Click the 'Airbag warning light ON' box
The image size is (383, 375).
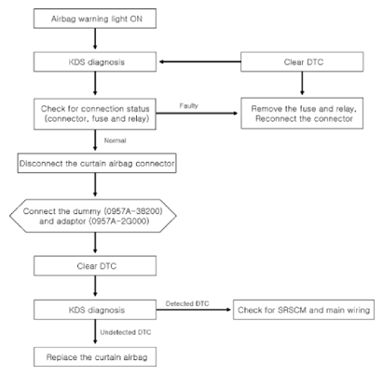pyautogui.click(x=95, y=19)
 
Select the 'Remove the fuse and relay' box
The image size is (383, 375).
pyautogui.click(x=302, y=114)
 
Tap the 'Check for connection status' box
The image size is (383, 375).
pyautogui.click(x=95, y=114)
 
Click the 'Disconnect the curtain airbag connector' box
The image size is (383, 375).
pyautogui.click(x=97, y=163)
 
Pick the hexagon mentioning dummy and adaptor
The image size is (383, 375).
pyautogui.click(x=93, y=216)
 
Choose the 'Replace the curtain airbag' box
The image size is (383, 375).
pyautogui.click(x=95, y=357)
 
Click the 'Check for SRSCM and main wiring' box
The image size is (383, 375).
pyautogui.click(x=304, y=310)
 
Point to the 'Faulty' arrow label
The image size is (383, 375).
pyautogui.click(x=188, y=106)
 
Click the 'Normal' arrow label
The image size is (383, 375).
pyautogui.click(x=115, y=141)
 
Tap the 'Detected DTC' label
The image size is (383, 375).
pyautogui.click(x=187, y=303)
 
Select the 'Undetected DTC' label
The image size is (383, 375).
pyautogui.click(x=126, y=332)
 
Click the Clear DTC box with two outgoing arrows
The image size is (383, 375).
pyautogui.click(x=302, y=61)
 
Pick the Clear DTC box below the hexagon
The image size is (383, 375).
pyautogui.click(x=95, y=266)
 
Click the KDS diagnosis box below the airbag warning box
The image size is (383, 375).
pyautogui.click(x=95, y=61)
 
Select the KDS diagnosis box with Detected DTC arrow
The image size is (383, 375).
pyautogui.click(x=95, y=310)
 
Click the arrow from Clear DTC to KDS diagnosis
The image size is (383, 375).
pyautogui.click(x=200, y=61)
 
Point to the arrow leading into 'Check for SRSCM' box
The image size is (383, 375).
pyautogui.click(x=194, y=310)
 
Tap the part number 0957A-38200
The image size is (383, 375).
pyautogui.click(x=133, y=211)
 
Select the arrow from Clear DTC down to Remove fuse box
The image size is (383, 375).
pyautogui.click(x=302, y=83)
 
